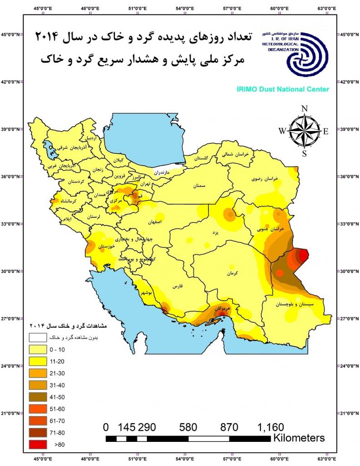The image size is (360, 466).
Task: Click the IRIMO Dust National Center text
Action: point(282,90)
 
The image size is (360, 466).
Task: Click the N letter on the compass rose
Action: point(304,109)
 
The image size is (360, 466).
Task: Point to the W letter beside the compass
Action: point(282,131)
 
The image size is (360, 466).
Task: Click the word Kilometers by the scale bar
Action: point(299,438)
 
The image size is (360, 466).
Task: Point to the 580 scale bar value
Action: point(188,427)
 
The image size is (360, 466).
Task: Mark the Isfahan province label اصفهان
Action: point(155,223)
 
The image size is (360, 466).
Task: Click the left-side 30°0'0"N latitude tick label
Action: point(10,271)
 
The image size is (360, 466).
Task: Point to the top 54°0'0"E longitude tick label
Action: point(185,8)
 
